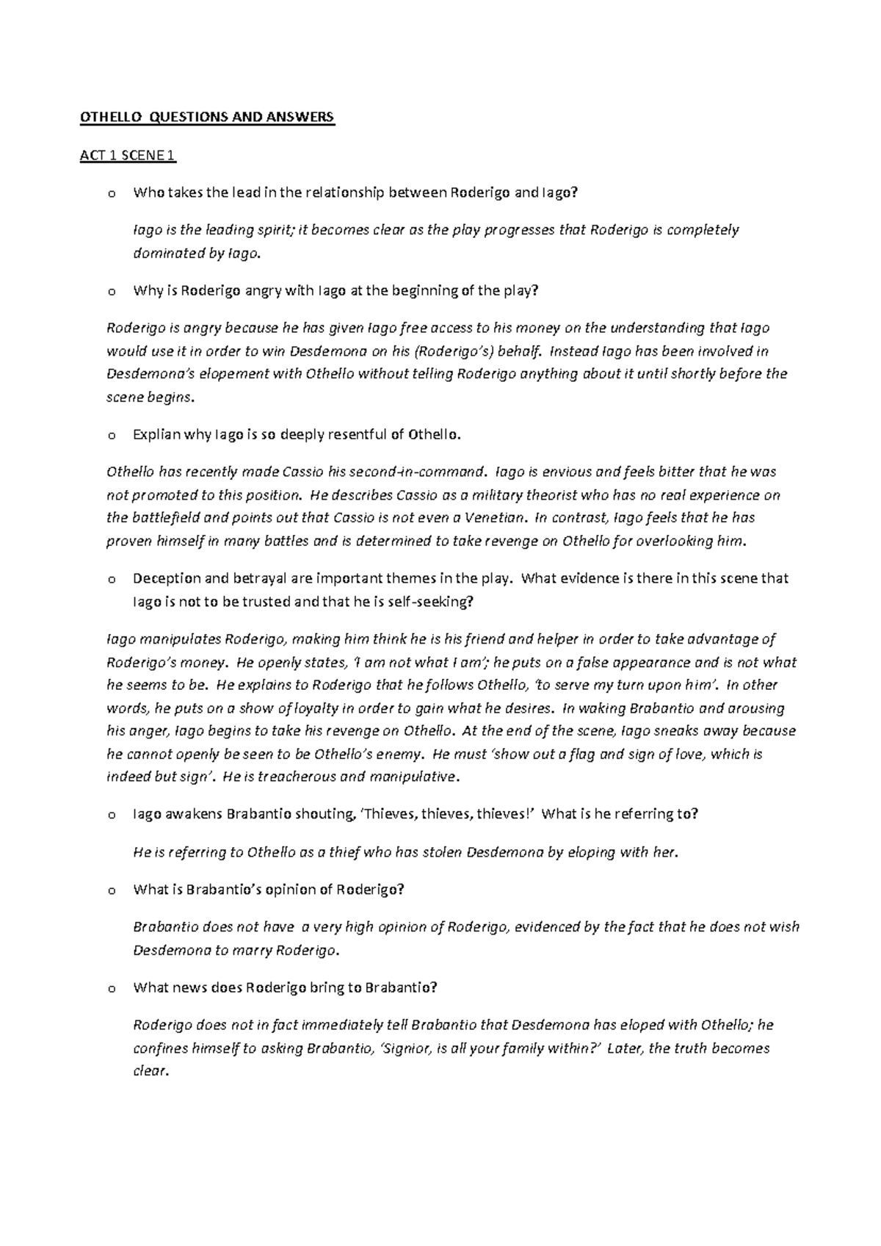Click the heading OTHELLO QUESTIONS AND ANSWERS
207,117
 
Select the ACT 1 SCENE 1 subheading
128,155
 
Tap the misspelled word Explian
156,434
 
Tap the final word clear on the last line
150,1071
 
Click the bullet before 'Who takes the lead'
111,194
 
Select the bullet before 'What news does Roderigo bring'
111,988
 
